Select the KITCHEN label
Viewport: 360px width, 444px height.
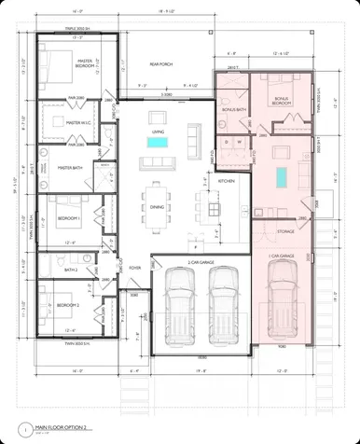(x=226, y=180)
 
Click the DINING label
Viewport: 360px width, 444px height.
(x=157, y=207)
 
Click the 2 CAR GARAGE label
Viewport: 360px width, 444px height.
(x=201, y=263)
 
